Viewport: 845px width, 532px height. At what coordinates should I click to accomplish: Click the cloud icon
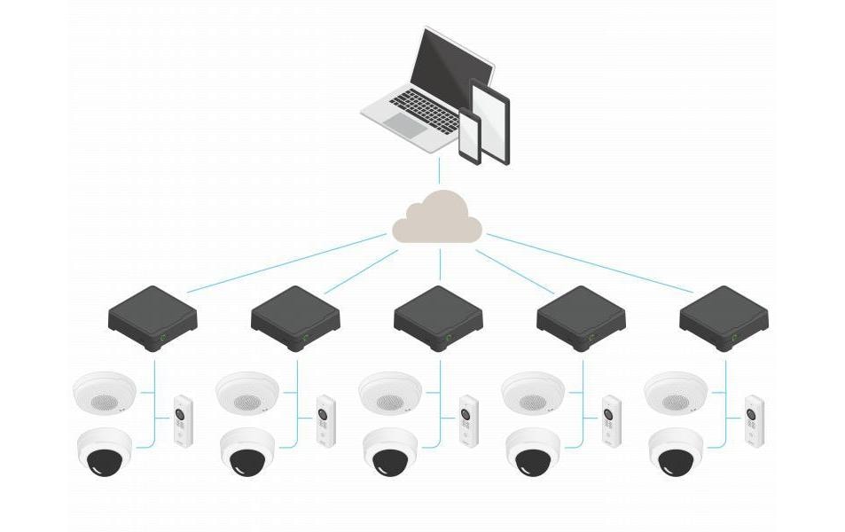[x=438, y=218]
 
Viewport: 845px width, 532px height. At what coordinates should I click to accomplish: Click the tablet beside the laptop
[x=490, y=120]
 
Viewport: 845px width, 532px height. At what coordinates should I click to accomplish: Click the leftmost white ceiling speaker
[x=105, y=391]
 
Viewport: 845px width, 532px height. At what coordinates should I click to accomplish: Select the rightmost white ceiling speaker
[x=676, y=391]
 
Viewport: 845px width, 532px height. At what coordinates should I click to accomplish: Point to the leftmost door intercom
[x=183, y=420]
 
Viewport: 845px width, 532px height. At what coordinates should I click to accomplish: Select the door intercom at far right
[x=754, y=420]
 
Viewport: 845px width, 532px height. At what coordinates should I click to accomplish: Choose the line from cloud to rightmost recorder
[x=590, y=262]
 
